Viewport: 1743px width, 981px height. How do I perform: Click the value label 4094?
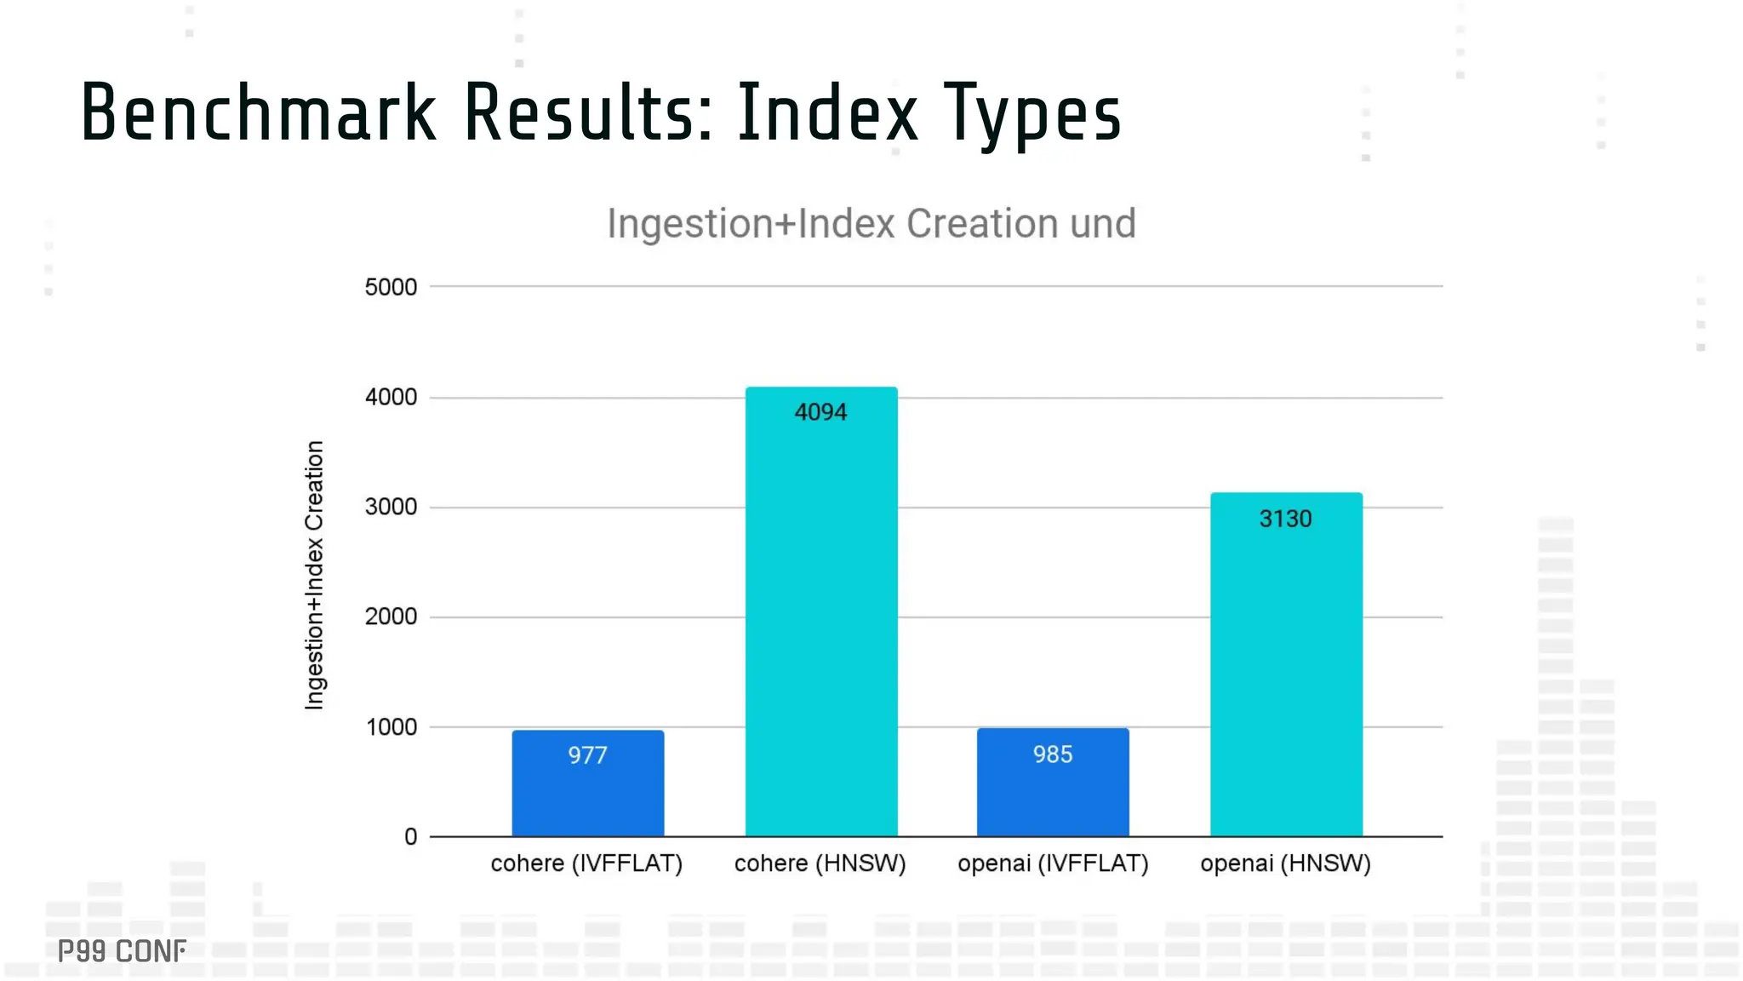tap(820, 412)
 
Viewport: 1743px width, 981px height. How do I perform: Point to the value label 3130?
tap(1285, 519)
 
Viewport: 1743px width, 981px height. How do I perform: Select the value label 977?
tap(587, 755)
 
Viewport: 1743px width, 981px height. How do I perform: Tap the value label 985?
tap(1053, 754)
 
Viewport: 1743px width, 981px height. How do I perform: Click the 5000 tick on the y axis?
tap(391, 287)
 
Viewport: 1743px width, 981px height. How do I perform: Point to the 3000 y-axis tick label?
tap(391, 507)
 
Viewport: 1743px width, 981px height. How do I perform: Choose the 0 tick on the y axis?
tap(410, 837)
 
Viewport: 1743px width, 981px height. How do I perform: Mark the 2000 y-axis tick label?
tap(391, 617)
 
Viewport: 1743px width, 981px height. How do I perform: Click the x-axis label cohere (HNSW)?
tap(820, 863)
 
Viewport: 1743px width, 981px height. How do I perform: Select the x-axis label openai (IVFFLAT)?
tap(1053, 863)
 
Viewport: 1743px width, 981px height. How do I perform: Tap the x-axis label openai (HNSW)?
tap(1285, 863)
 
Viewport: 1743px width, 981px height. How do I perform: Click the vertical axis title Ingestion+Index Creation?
tap(315, 575)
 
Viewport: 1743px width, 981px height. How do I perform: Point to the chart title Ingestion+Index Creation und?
tap(871, 224)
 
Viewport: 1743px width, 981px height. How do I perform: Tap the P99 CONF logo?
tap(122, 951)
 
